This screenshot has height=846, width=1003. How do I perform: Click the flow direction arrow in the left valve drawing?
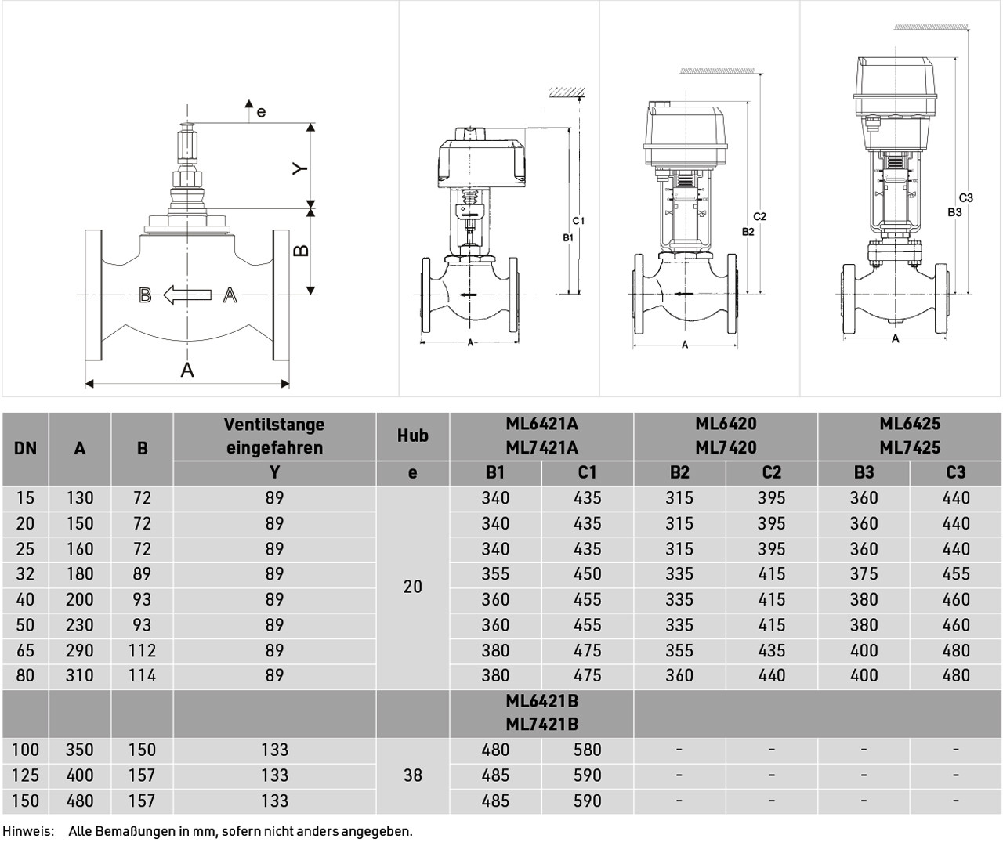pyautogui.click(x=187, y=295)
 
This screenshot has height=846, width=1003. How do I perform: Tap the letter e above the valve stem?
pyautogui.click(x=261, y=112)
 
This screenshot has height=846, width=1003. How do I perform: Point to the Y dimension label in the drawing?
pyautogui.click(x=300, y=168)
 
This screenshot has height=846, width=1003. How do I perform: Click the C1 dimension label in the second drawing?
pyautogui.click(x=578, y=220)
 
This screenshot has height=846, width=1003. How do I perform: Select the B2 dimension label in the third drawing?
pyautogui.click(x=748, y=231)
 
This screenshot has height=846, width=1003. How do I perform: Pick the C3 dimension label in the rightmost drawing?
pyautogui.click(x=965, y=197)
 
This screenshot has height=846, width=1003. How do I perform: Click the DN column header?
pyautogui.click(x=25, y=448)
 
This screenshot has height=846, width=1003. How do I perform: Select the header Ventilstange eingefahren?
pyautogui.click(x=274, y=436)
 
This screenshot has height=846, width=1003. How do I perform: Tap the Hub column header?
pyautogui.click(x=413, y=436)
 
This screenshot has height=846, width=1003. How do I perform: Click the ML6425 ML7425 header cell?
pyautogui.click(x=910, y=436)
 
